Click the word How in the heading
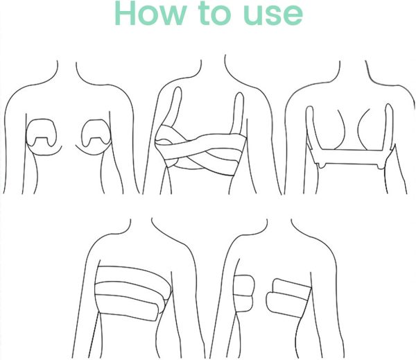[x=150, y=12]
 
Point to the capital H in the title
[x=125, y=12]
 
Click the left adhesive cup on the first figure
[x=41, y=130]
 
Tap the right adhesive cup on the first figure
[x=96, y=130]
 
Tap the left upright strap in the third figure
[x=312, y=128]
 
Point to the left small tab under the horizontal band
[x=322, y=165]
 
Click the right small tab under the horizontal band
[x=381, y=166]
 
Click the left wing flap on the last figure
[x=243, y=293]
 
